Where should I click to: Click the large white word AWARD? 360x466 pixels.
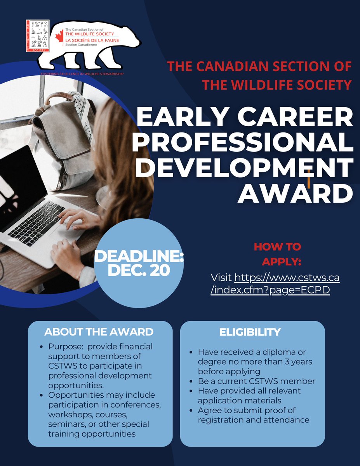[x=295, y=194]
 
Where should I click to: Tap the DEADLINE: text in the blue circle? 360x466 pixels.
[x=139, y=256]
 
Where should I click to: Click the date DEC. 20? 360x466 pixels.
[x=139, y=270]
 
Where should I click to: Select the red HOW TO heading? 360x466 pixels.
[x=277, y=247]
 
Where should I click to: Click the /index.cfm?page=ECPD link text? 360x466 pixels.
[x=270, y=290]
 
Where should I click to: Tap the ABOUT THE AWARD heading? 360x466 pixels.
[x=99, y=332]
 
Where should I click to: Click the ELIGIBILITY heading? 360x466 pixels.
[x=250, y=332]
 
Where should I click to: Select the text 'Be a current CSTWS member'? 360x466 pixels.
[x=256, y=381]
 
